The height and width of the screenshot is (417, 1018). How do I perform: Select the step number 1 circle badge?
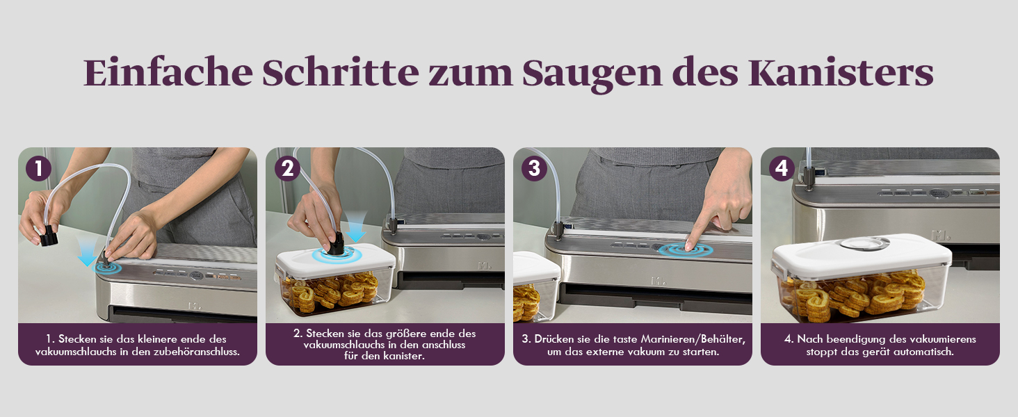coord(38,168)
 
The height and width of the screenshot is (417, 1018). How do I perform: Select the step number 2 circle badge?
coord(287,168)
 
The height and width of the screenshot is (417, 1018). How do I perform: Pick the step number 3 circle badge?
coord(535,168)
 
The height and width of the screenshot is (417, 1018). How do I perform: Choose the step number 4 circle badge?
coord(782,168)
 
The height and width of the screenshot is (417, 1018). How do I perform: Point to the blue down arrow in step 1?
coord(87,252)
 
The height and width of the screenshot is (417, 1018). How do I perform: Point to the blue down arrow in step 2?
coord(355,226)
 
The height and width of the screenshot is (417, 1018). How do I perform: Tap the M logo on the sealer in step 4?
coord(939,236)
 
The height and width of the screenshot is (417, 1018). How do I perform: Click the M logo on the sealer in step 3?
coord(658,281)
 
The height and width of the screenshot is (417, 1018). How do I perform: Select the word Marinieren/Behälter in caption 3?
coord(693,339)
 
